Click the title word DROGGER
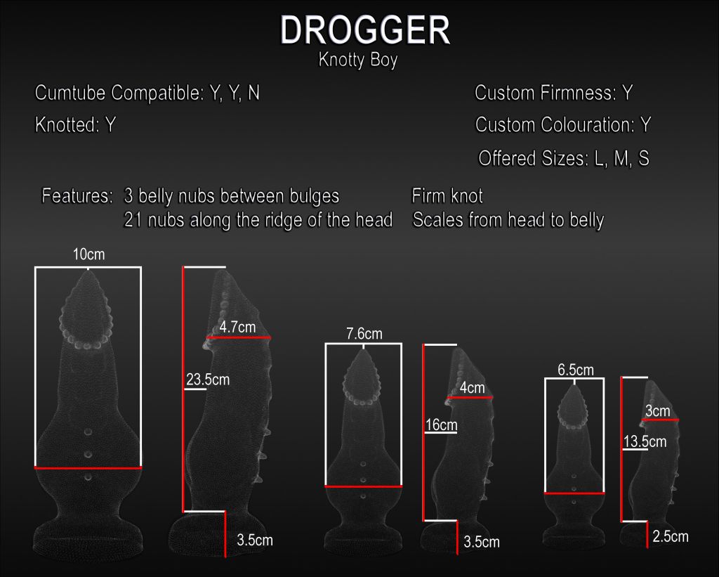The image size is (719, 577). tap(364, 31)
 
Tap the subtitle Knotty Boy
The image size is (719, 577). tap(358, 60)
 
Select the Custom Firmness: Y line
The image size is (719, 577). tap(554, 93)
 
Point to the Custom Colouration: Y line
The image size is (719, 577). tap(563, 125)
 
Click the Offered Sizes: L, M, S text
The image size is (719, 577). tap(563, 159)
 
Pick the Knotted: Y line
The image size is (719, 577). tap(75, 126)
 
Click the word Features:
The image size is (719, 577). tap(77, 195)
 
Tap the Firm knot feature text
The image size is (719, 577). tap(447, 195)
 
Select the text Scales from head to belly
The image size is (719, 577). tap(508, 220)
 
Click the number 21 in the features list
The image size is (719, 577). tap(131, 220)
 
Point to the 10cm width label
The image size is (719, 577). tap(88, 254)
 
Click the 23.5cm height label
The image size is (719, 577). tap(208, 380)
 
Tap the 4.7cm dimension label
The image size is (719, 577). tap(237, 327)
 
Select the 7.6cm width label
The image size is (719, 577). tap(364, 334)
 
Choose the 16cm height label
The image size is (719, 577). tap(441, 424)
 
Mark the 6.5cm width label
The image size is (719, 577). tap(576, 370)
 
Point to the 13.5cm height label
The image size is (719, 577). tap(645, 442)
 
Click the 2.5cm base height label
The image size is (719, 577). tap(670, 537)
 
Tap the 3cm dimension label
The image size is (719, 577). tap(657, 410)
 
